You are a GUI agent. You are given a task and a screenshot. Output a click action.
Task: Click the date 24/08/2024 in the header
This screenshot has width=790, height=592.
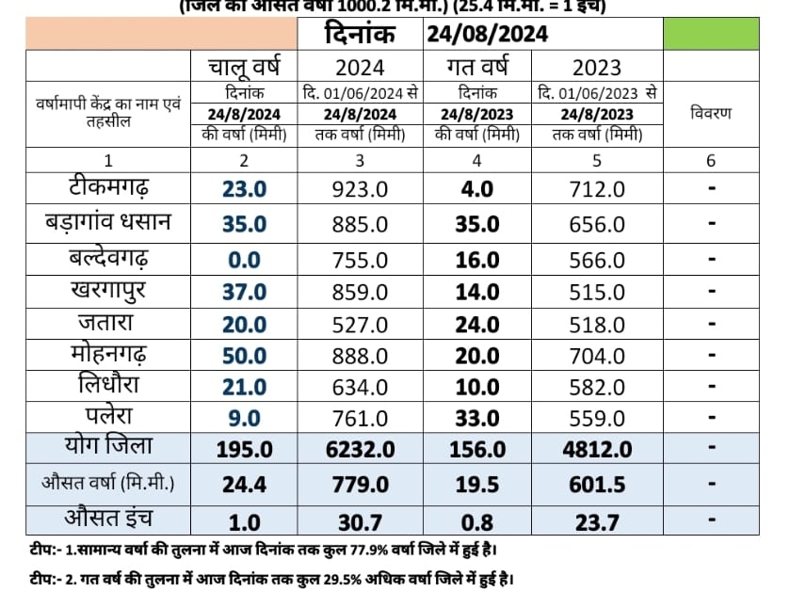487,36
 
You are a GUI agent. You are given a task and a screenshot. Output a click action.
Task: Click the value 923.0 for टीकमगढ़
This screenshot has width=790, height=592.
362,189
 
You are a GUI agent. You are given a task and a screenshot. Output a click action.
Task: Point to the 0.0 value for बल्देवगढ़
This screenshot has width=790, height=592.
244,259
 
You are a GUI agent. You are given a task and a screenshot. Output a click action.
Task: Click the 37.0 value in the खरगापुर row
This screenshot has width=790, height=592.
244,293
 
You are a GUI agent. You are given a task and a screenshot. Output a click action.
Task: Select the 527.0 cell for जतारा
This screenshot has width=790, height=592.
362,327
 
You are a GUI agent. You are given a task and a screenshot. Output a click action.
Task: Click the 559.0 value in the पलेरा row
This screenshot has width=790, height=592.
597,417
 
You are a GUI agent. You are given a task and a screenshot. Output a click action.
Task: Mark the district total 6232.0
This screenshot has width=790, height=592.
362,449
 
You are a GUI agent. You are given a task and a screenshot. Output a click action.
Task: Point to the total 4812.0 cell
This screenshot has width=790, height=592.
597,449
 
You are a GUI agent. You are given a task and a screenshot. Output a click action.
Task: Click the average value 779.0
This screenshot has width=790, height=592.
362,484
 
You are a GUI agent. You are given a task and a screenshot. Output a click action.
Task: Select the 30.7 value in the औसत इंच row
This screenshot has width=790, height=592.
362,519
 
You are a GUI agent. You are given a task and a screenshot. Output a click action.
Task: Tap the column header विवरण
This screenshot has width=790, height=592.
711,113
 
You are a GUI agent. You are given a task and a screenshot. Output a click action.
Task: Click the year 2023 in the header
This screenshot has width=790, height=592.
597,67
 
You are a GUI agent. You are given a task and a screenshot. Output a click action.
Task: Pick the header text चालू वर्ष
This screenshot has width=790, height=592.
244,67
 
